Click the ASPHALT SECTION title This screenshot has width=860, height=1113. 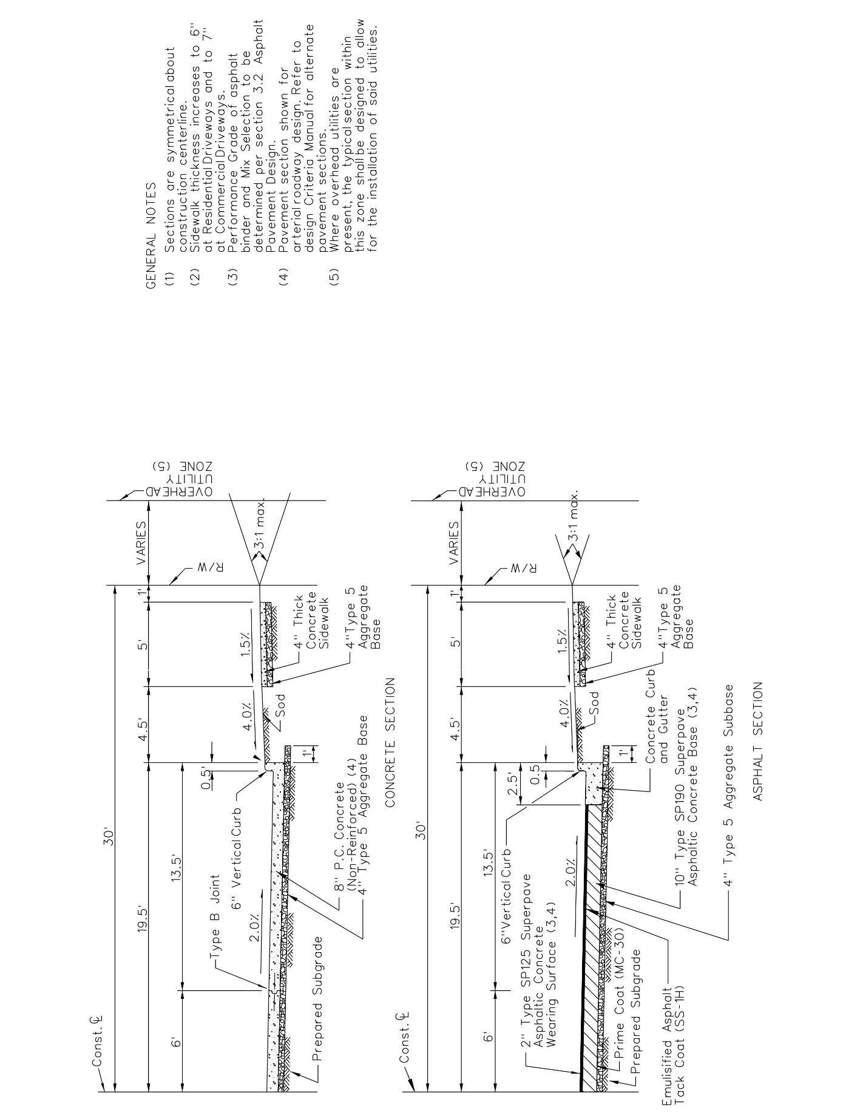(758, 741)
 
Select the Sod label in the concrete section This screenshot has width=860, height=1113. (280, 705)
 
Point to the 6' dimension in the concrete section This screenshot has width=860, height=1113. (176, 1041)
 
